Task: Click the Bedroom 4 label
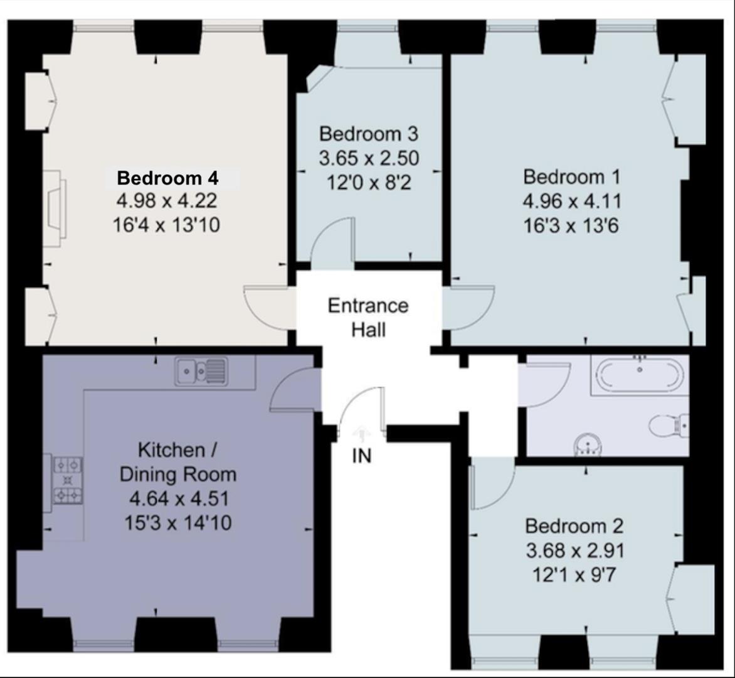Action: click(167, 178)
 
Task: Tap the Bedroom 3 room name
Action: click(368, 134)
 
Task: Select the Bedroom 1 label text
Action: click(571, 177)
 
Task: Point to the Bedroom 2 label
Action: click(574, 526)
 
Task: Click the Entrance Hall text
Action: click(368, 318)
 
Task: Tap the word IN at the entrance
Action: click(362, 456)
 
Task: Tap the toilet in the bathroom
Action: click(669, 426)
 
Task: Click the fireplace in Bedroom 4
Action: click(56, 208)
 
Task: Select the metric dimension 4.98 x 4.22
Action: click(167, 201)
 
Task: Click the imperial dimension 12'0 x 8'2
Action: click(369, 182)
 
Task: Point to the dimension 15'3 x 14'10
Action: click(178, 523)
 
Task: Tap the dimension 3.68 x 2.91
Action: click(575, 551)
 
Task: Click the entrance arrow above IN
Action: click(361, 432)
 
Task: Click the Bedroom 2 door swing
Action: click(493, 486)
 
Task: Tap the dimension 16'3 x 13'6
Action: click(571, 226)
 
